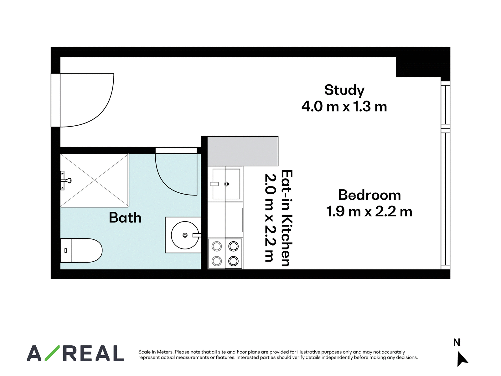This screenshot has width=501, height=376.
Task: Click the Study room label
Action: click(x=344, y=91)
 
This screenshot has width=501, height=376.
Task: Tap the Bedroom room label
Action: click(x=369, y=195)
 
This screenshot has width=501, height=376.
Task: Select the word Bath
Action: click(x=125, y=217)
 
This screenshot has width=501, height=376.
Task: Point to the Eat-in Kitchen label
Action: click(x=287, y=218)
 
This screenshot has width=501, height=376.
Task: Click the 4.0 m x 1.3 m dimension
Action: click(x=344, y=107)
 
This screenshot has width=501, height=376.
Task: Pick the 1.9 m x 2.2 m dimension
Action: click(x=369, y=211)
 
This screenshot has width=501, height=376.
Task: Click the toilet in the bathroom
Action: click(x=81, y=250)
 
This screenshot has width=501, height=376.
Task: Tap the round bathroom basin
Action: click(x=185, y=235)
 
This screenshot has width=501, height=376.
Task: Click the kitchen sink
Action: click(x=226, y=184)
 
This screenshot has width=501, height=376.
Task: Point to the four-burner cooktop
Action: click(x=225, y=253)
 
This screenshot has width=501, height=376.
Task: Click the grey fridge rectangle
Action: click(x=243, y=151)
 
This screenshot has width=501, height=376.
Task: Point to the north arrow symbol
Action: click(x=462, y=359)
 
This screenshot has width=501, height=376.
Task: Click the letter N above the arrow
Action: click(x=457, y=342)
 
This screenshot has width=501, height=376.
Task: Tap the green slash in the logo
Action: click(x=52, y=353)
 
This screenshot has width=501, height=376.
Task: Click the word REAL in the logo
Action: click(x=94, y=353)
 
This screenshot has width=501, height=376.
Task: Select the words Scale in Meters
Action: click(x=156, y=352)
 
